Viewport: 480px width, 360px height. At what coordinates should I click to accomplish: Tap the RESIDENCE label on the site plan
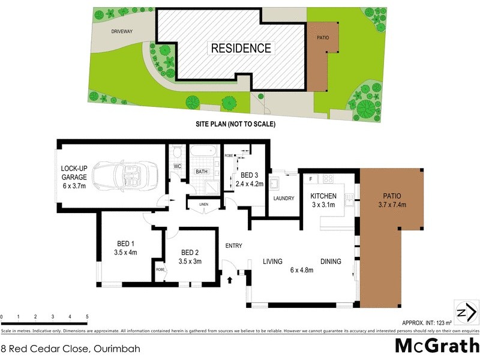(x=240, y=48)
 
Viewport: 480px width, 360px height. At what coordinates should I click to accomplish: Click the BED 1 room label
(x=125, y=244)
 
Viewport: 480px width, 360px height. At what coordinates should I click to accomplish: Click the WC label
(x=177, y=166)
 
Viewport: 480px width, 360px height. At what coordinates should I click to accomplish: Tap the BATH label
(x=201, y=172)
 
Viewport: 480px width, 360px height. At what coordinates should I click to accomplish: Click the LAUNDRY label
(x=283, y=199)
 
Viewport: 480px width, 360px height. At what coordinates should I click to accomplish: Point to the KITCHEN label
(x=323, y=196)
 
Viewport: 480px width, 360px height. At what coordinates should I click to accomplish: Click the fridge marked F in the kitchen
(x=311, y=179)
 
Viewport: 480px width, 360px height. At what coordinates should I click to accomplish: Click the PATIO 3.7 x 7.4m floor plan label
(x=393, y=200)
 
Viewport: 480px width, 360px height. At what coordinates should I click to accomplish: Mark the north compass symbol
(x=466, y=311)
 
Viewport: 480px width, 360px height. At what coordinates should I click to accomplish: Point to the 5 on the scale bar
(x=87, y=316)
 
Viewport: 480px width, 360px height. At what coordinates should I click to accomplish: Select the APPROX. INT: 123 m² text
(x=424, y=323)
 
